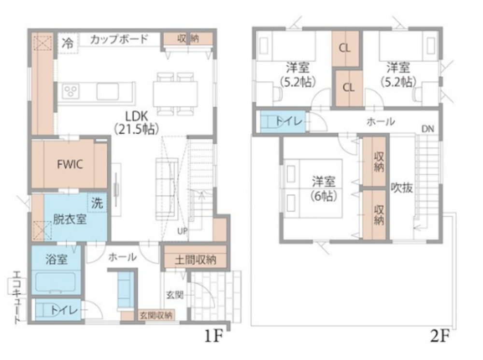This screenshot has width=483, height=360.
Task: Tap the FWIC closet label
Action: click(x=70, y=164)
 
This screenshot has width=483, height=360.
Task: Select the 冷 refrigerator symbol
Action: click(x=68, y=43)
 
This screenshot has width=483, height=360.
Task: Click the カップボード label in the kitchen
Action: click(x=119, y=40)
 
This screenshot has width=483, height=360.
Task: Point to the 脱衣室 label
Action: click(x=70, y=219)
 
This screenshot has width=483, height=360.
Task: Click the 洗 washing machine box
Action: click(x=97, y=202)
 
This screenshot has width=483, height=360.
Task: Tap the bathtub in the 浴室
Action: click(x=56, y=282)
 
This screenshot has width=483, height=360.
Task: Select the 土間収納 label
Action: click(x=195, y=260)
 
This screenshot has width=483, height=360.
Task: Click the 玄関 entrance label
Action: click(x=175, y=295)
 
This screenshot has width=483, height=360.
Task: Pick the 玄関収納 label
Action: click(x=156, y=316)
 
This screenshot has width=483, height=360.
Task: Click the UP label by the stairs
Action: click(x=183, y=231)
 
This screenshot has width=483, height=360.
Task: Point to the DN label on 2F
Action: click(x=427, y=129)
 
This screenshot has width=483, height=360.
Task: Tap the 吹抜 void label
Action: click(x=402, y=187)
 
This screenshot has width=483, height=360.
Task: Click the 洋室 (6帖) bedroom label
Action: click(x=324, y=188)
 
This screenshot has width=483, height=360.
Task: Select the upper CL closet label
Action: click(x=345, y=48)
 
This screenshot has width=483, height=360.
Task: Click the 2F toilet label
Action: click(x=289, y=121)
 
